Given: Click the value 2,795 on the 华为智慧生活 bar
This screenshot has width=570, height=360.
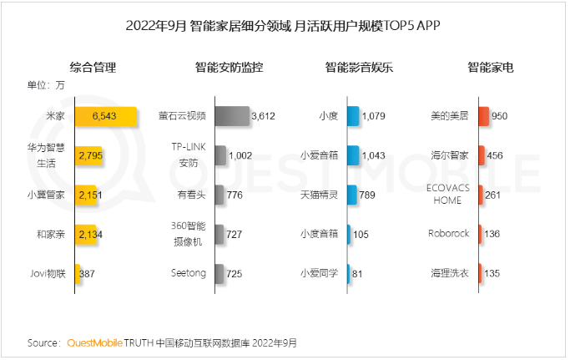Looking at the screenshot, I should point(90,155).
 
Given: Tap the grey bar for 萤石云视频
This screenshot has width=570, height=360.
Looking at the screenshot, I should point(231,116).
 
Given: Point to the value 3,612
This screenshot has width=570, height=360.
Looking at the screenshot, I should point(263,116).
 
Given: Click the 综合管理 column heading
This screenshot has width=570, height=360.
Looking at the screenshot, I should point(93,68).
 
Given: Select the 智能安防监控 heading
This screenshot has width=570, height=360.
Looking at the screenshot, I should point(229,68).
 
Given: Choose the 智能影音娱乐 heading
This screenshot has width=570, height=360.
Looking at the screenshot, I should point(359,68).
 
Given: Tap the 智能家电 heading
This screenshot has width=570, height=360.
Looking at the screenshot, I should point(490,68).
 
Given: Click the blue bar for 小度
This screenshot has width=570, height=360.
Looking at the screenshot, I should point(352,116).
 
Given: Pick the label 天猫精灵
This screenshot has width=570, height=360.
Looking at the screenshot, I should point(319,195).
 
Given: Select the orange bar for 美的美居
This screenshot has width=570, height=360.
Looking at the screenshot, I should point(483,116).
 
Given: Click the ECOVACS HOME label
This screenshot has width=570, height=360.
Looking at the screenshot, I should point(449,195).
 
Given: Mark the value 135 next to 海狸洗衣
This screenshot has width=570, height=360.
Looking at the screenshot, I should point(492,273).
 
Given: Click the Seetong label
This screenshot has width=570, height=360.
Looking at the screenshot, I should point(189,273).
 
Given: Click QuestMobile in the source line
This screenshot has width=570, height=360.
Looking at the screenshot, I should point(94,343).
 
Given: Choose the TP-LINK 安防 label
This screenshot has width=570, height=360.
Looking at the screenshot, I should point(188,155).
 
